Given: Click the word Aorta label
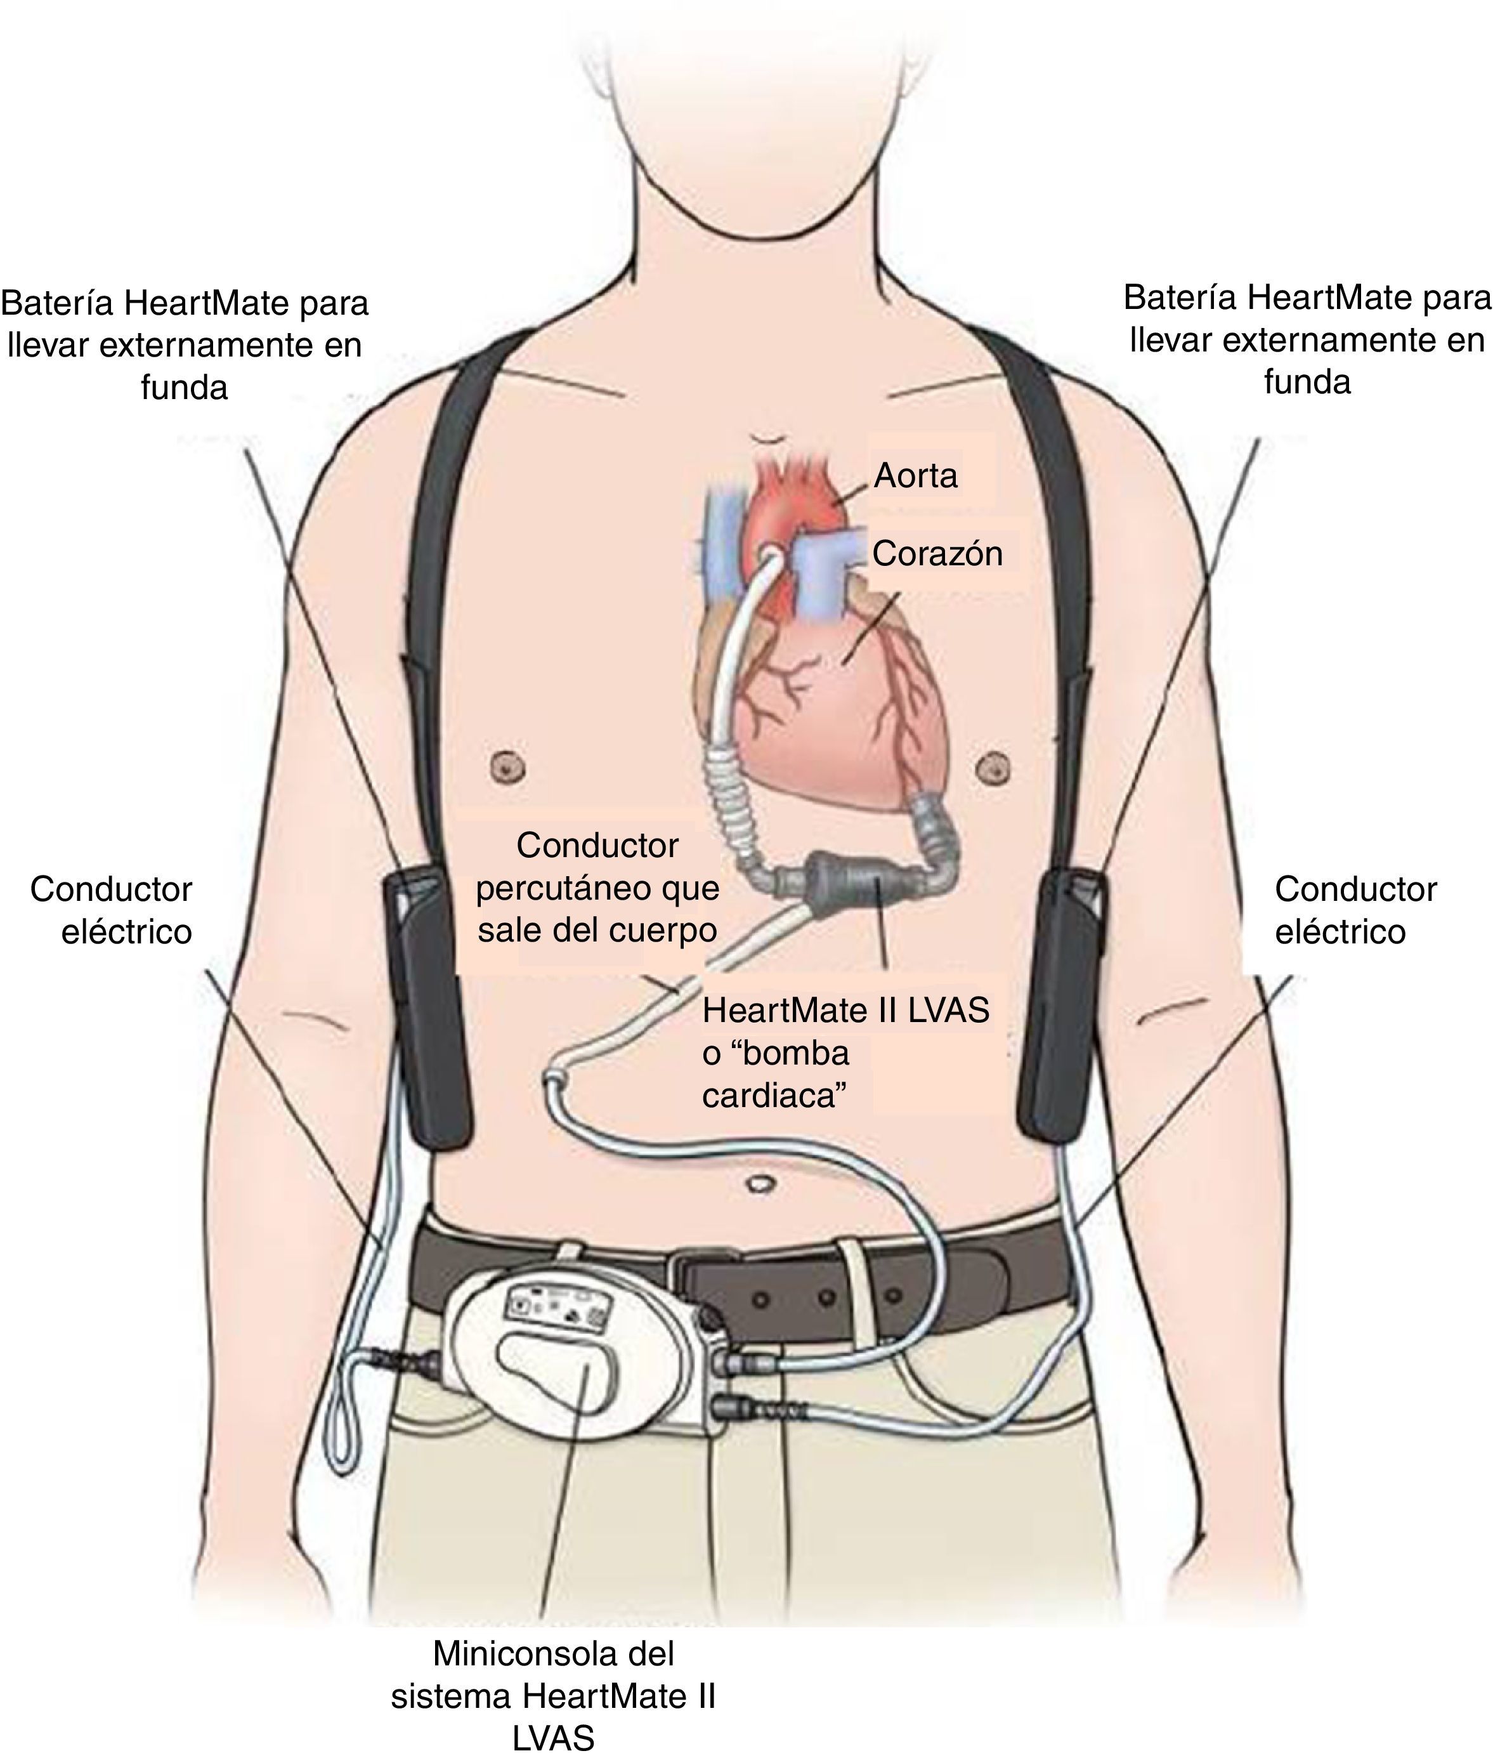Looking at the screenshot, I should (x=915, y=476).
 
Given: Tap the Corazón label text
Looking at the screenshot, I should (x=937, y=554).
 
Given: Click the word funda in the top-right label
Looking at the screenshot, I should (x=1307, y=382).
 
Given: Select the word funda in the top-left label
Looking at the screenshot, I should (x=184, y=387).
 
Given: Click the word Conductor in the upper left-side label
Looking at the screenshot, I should (x=111, y=889).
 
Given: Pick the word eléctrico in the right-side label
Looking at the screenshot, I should (x=1340, y=932).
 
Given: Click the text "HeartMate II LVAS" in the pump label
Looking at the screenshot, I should (x=845, y=1011).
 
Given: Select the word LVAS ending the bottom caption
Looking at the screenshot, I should (x=554, y=1738).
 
